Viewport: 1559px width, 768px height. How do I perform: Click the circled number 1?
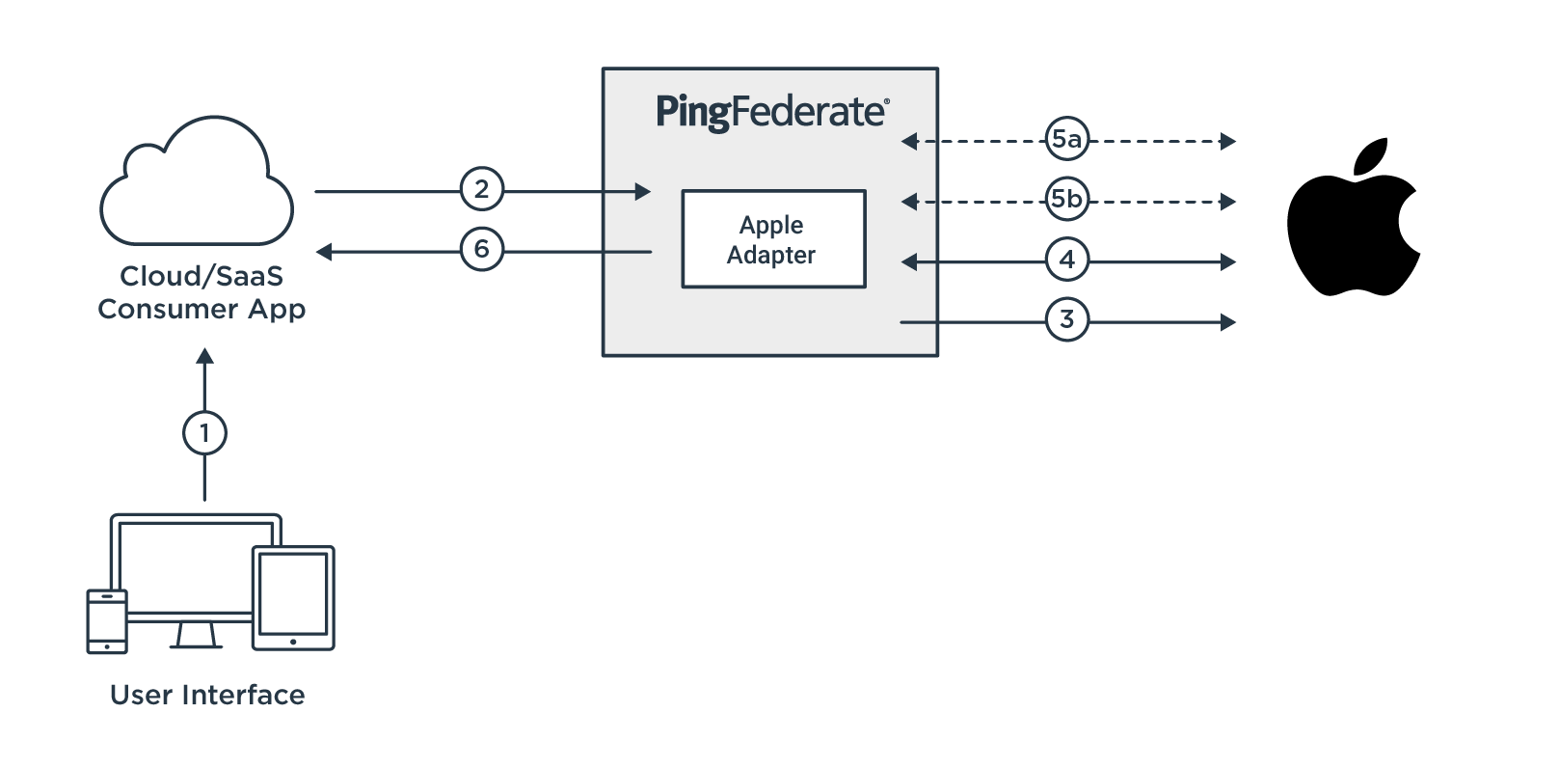(x=204, y=433)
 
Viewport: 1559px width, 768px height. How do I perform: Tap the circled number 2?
(x=482, y=189)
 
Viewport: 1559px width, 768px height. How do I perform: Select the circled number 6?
(x=482, y=250)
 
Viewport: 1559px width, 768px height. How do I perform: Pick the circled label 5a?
(x=1066, y=139)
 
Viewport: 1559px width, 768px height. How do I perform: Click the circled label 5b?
(x=1066, y=199)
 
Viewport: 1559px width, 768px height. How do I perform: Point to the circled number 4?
(x=1066, y=260)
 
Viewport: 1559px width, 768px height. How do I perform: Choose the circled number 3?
(x=1066, y=319)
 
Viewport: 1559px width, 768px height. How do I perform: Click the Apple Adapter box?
(x=773, y=239)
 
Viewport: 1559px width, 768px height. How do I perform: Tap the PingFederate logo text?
(x=772, y=112)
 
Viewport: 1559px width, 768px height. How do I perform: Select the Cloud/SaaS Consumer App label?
(x=202, y=292)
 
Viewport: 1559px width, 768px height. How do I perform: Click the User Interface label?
(x=207, y=695)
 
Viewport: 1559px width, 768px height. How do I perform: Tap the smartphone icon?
(x=107, y=621)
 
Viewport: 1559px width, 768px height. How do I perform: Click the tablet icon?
(x=293, y=598)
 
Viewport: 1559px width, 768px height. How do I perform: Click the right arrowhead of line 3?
(x=1228, y=321)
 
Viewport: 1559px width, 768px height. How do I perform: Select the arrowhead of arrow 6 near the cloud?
(x=324, y=252)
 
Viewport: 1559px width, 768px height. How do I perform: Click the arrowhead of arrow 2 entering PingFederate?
(x=643, y=191)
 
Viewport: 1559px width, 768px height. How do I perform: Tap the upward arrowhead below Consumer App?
(x=204, y=356)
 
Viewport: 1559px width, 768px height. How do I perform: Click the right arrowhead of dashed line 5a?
(x=1228, y=142)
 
